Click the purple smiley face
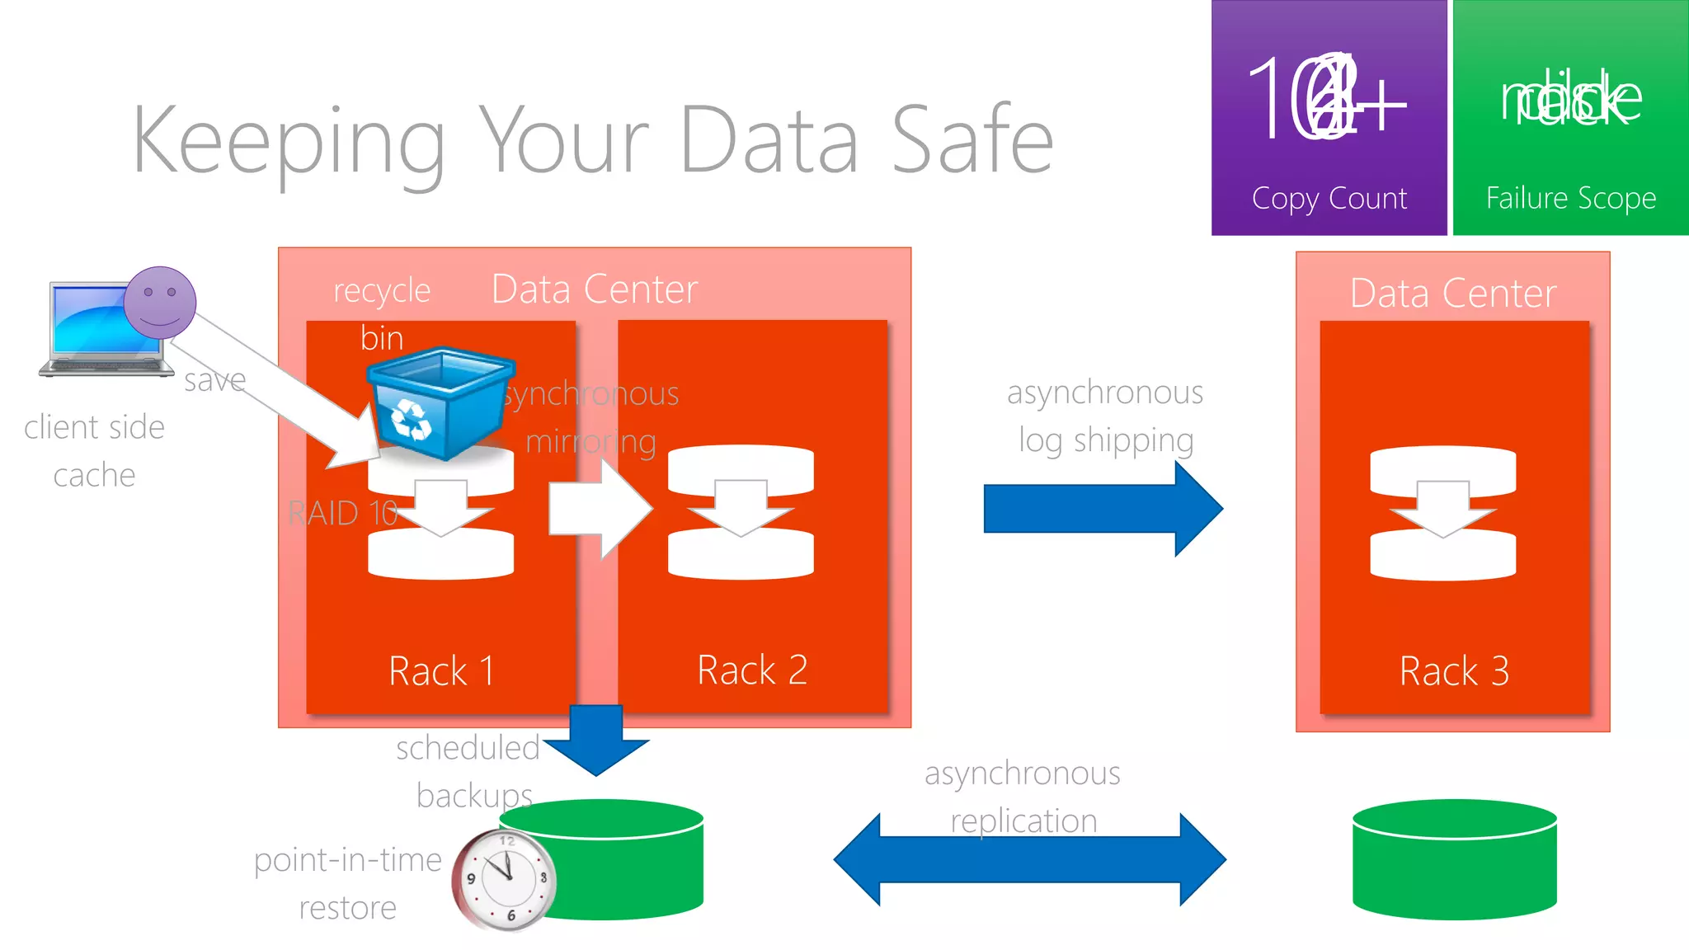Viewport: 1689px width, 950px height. tap(160, 302)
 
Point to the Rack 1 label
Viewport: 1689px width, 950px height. tap(442, 670)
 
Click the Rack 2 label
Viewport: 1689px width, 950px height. tap(751, 670)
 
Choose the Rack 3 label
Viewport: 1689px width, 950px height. tap(1453, 671)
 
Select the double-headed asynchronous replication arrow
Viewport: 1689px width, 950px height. tap(1029, 860)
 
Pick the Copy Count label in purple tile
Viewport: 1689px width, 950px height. tap(1329, 199)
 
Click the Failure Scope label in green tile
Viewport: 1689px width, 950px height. tap(1570, 199)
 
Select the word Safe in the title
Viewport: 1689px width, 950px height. tap(972, 140)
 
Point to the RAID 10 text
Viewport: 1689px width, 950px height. tap(342, 514)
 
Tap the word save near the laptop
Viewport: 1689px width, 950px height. tap(214, 380)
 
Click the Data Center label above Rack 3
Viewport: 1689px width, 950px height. tap(1452, 294)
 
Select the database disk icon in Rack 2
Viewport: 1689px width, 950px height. tap(740, 512)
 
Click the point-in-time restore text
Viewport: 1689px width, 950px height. tap(347, 883)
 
